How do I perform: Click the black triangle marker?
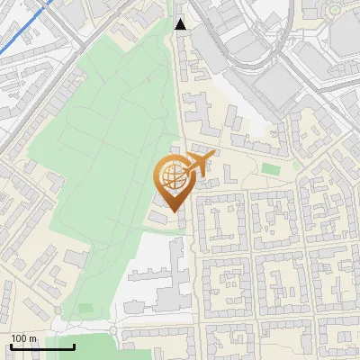(181, 24)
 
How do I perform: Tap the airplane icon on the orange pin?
(198, 162)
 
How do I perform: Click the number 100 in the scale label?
(21, 338)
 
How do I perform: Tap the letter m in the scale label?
(34, 338)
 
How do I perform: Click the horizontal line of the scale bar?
(41, 346)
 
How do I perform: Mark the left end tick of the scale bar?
(10, 345)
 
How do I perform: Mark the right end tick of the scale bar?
(74, 345)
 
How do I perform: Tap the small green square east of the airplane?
(269, 168)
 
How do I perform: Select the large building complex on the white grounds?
(162, 283)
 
